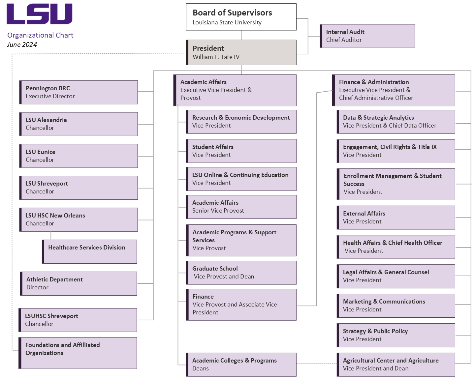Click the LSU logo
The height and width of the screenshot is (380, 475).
click(40, 14)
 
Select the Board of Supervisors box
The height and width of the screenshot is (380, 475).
click(241, 17)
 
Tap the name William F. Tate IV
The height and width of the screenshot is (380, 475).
click(216, 57)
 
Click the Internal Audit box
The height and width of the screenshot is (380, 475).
click(367, 36)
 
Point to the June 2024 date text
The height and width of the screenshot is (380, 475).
click(22, 44)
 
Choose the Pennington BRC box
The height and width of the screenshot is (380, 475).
click(79, 92)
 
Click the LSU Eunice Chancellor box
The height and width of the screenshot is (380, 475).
click(79, 156)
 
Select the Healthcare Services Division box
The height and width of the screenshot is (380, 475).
click(90, 251)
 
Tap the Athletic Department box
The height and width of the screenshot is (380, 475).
click(79, 283)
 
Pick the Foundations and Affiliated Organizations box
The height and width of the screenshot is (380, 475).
click(78, 353)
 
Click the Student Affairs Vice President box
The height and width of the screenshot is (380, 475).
click(241, 151)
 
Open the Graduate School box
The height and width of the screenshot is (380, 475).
click(241, 273)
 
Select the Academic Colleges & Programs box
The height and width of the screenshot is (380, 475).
click(241, 365)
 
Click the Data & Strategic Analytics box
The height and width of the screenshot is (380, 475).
click(396, 122)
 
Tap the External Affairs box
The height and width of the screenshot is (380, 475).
click(396, 218)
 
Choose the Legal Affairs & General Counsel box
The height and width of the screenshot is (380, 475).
click(396, 276)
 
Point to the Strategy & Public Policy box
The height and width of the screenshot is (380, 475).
click(396, 335)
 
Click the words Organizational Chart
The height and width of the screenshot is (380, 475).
click(40, 35)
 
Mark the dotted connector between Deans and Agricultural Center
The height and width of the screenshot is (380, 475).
click(317, 364)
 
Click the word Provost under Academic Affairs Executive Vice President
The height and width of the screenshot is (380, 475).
click(191, 98)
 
